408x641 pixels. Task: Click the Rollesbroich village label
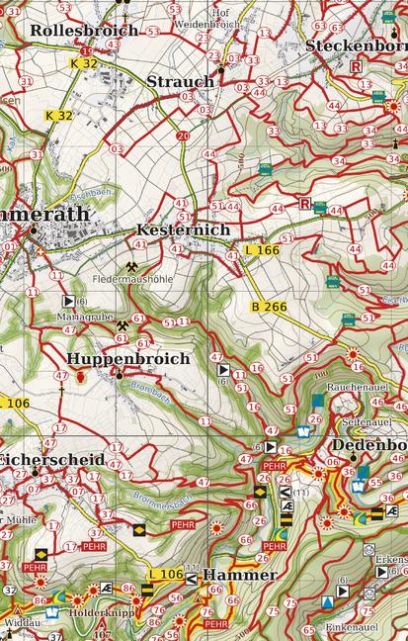click(x=84, y=31)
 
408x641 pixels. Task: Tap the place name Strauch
click(x=180, y=81)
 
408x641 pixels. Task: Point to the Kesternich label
click(x=183, y=229)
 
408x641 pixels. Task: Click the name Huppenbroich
click(x=128, y=359)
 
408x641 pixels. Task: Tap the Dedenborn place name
click(x=368, y=445)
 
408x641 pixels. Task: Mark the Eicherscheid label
click(x=40, y=460)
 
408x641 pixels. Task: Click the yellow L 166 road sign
click(x=262, y=250)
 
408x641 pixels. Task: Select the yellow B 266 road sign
click(x=269, y=307)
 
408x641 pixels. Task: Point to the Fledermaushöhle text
click(x=131, y=280)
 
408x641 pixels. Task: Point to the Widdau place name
click(x=21, y=622)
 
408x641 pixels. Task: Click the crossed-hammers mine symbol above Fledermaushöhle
click(x=131, y=265)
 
